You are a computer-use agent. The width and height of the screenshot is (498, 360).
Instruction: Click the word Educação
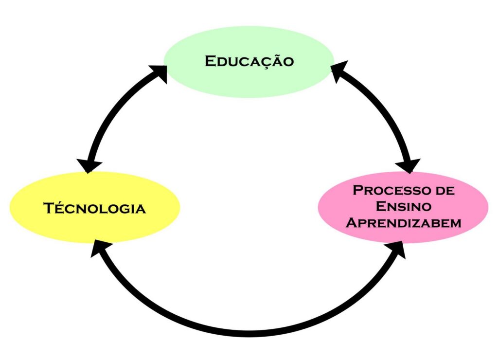(249, 61)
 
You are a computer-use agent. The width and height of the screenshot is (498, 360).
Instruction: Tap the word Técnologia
(95, 208)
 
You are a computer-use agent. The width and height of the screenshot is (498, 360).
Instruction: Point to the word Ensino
(403, 206)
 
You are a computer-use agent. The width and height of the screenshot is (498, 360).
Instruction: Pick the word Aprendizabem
(403, 223)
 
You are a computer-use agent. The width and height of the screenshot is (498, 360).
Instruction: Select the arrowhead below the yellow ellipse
(99, 248)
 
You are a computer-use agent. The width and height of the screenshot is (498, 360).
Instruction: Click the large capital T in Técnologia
(48, 208)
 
